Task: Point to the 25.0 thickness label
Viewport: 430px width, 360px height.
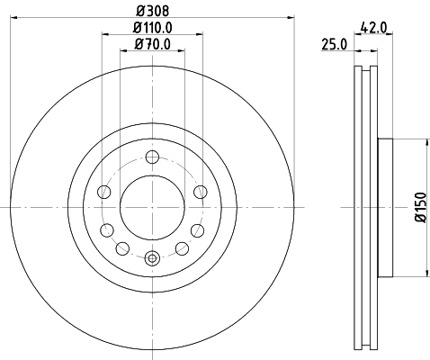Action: click(x=334, y=44)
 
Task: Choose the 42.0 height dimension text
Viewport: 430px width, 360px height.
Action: click(x=372, y=28)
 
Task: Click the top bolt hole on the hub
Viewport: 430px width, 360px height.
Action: click(x=152, y=155)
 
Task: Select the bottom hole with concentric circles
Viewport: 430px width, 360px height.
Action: click(x=152, y=259)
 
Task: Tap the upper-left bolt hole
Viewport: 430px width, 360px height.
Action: click(x=103, y=192)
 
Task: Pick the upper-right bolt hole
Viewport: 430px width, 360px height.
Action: click(x=201, y=192)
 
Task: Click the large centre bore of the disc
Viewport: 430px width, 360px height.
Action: click(x=152, y=206)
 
